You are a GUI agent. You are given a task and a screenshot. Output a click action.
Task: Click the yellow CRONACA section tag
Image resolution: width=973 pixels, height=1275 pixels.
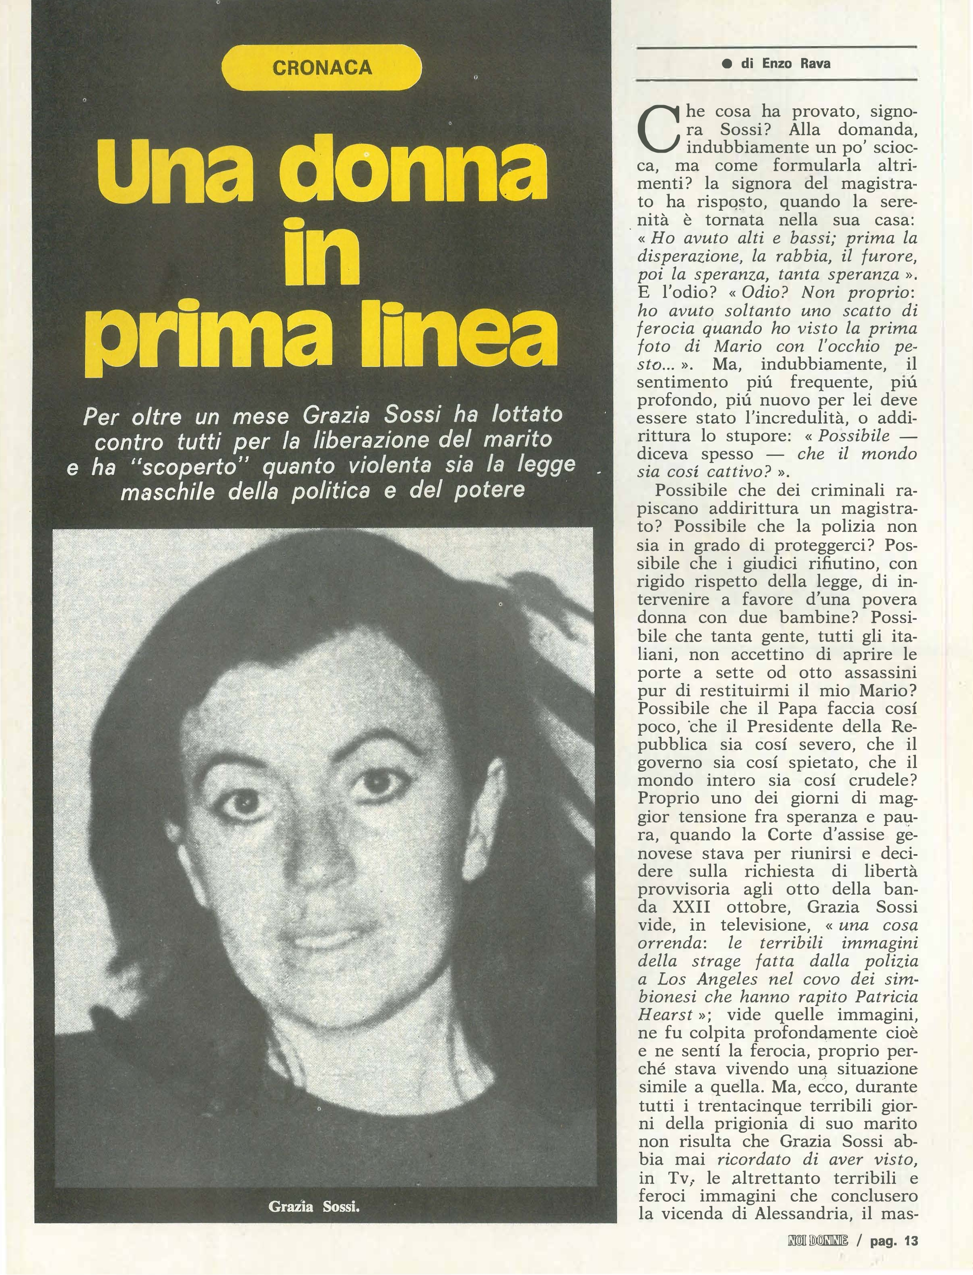[322, 68]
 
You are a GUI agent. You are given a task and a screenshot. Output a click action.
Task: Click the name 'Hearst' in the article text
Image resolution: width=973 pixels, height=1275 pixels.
[665, 1015]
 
